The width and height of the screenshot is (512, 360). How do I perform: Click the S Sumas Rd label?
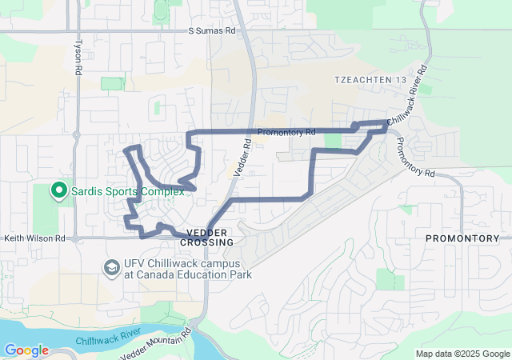click(212, 31)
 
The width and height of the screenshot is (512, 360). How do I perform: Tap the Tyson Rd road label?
click(78, 58)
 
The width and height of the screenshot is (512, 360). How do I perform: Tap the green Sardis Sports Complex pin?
click(58, 190)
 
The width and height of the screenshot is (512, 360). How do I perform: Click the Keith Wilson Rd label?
click(34, 238)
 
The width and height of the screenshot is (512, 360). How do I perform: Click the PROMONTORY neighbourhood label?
click(462, 239)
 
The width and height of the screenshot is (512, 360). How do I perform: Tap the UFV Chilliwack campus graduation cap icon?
click(111, 266)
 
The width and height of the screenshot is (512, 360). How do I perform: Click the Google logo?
click(26, 350)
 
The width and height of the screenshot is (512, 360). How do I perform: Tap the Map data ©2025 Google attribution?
click(462, 354)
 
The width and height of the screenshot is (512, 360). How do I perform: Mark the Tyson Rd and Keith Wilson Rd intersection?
click(74, 238)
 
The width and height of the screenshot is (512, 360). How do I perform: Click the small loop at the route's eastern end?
click(356, 125)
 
